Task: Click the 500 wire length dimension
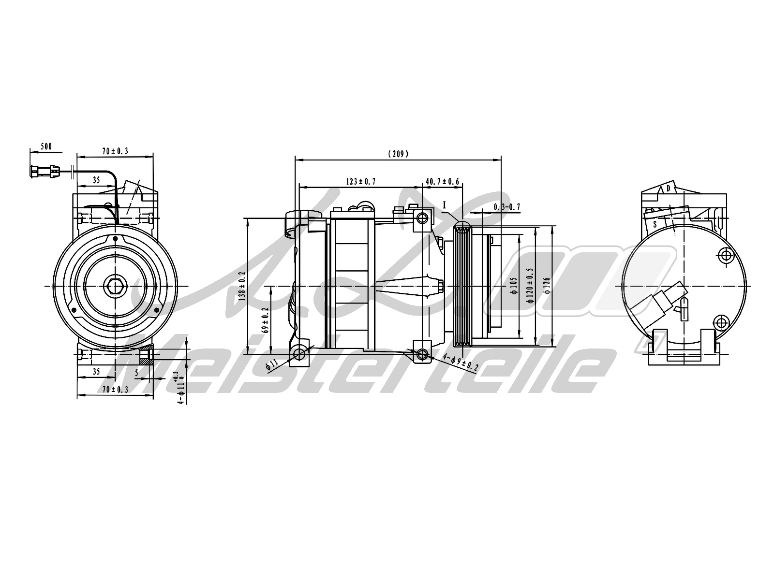point(46,147)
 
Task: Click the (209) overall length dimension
point(398,154)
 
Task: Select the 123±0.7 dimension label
point(361,182)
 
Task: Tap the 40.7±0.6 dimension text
point(442,182)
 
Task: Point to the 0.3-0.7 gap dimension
point(506,207)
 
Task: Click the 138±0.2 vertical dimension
point(242,286)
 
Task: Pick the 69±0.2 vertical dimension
point(265,321)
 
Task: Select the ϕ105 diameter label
point(513,285)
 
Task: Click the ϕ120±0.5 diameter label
point(530,285)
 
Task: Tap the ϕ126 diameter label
point(547,285)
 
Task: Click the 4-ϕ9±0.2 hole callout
point(461,362)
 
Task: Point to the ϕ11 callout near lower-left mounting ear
point(271,364)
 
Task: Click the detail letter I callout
point(444,205)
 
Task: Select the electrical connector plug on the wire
point(45,172)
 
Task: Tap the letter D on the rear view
point(668,188)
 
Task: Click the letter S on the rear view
point(655,224)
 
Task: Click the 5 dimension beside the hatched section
point(137,373)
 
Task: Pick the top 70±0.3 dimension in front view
point(115,151)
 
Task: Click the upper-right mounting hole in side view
point(423,218)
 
